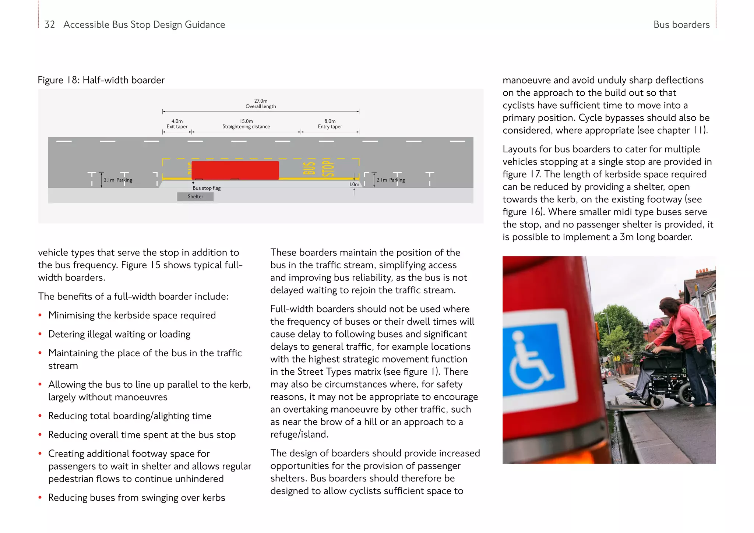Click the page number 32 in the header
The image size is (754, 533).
(49, 25)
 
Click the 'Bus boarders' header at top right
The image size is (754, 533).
(681, 25)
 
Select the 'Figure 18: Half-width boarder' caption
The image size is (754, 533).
(101, 80)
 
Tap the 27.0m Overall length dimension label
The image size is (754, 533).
(261, 103)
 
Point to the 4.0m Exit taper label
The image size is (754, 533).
(177, 124)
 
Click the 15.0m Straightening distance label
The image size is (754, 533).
(246, 124)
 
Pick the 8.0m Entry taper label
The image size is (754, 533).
(330, 124)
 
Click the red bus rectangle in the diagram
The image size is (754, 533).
(235, 170)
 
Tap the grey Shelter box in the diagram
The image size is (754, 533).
(195, 197)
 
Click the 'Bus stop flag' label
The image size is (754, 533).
(207, 188)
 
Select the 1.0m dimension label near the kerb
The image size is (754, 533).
(354, 184)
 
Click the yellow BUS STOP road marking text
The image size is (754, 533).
(318, 168)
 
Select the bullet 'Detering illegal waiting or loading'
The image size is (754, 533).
(119, 334)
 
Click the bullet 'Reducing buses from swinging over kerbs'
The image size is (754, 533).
(137, 498)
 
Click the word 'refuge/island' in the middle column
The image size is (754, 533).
(299, 434)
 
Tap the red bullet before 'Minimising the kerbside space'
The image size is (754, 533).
(40, 315)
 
